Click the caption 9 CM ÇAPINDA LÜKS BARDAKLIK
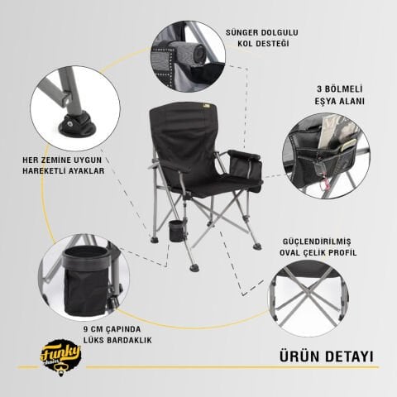[119, 333]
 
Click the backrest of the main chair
[182, 141]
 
